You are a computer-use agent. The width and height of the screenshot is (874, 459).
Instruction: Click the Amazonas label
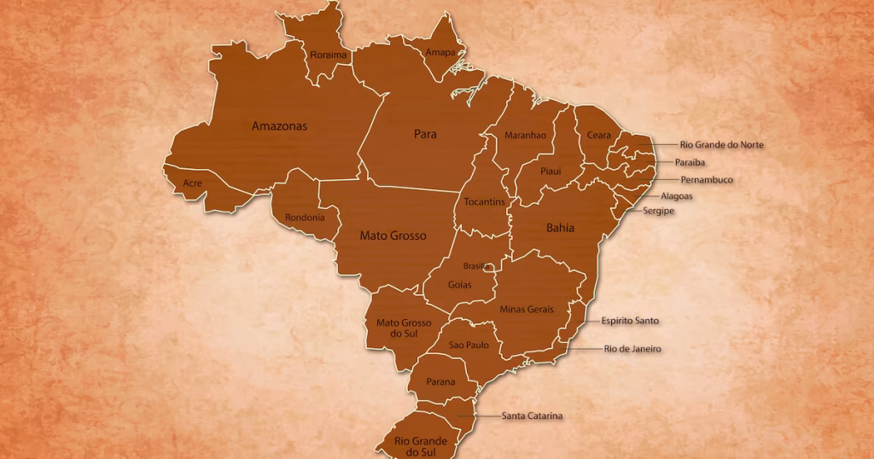(x=279, y=126)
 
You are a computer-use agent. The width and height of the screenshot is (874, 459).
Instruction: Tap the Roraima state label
(x=329, y=55)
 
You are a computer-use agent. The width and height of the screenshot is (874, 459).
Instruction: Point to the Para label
(x=425, y=135)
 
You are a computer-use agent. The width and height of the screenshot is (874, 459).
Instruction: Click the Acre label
(x=193, y=183)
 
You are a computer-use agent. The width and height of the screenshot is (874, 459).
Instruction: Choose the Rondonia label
(x=305, y=218)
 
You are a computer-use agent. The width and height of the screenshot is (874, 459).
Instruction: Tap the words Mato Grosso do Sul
(x=404, y=328)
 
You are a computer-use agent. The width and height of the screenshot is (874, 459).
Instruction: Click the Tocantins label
(x=485, y=202)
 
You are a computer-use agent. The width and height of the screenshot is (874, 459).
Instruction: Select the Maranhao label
(x=525, y=136)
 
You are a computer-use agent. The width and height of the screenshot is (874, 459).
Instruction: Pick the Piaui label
(x=551, y=171)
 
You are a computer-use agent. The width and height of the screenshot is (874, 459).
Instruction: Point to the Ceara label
(x=598, y=136)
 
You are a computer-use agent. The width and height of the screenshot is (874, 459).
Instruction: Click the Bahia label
(x=560, y=228)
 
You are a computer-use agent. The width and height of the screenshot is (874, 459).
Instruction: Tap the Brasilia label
(x=477, y=266)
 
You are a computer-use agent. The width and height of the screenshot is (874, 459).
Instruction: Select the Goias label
(x=459, y=285)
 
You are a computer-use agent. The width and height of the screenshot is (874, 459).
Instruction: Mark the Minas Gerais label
(x=527, y=309)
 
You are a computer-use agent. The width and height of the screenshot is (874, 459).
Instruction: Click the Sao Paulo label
(x=469, y=345)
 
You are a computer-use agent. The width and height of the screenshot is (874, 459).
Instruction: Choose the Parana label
(x=440, y=382)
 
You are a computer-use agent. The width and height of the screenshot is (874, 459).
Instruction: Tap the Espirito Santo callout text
(x=630, y=321)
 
